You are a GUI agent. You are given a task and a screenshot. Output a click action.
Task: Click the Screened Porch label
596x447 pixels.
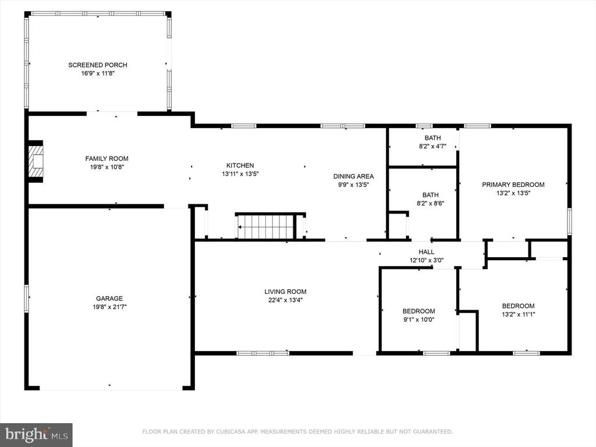[98, 65]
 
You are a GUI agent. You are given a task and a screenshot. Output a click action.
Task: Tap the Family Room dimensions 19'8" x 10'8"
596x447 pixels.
[107, 167]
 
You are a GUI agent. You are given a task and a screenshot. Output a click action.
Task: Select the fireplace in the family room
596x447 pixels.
[36, 162]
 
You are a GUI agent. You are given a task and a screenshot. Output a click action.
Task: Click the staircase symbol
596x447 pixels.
[266, 226]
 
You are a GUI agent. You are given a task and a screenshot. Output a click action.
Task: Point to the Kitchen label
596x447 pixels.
[240, 165]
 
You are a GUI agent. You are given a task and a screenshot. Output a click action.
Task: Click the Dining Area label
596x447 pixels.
[353, 176]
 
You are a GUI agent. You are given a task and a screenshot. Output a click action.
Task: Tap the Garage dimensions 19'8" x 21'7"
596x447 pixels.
[109, 307]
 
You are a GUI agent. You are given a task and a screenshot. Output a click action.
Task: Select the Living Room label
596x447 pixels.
[285, 292]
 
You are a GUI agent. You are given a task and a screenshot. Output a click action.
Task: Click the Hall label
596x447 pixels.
[427, 251]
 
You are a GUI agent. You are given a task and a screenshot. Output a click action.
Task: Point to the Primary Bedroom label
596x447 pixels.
[513, 185]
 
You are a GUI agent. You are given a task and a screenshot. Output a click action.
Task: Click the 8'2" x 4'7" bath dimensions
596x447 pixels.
[432, 146]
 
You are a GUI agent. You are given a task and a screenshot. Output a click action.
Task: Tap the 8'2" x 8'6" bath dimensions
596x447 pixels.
[430, 203]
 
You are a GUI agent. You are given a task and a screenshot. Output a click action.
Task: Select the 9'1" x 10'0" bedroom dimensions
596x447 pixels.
[419, 320]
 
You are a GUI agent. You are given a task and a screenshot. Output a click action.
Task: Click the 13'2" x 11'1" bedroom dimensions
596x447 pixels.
[518, 314]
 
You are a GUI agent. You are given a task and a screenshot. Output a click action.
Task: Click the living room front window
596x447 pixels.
[262, 353]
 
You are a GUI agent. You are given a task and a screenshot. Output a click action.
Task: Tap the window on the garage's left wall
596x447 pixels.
[27, 299]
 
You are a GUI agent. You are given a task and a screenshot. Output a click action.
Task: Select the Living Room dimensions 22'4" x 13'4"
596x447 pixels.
[285, 300]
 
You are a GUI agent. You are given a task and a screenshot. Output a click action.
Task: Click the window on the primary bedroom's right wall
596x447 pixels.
[569, 221]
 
